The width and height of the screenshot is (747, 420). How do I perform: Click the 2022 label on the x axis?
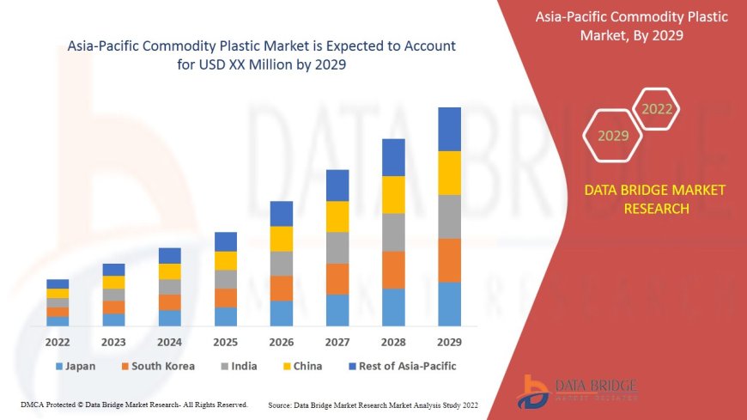click(x=58, y=341)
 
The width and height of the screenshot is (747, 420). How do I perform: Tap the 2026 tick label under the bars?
click(x=281, y=341)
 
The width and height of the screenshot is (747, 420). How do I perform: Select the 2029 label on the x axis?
click(x=449, y=341)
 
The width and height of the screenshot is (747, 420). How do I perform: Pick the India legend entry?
click(x=239, y=366)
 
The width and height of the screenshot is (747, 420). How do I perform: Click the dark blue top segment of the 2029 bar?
click(x=449, y=129)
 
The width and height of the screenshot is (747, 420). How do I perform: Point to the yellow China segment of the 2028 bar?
click(x=393, y=194)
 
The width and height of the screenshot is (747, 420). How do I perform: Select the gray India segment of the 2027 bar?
click(x=337, y=247)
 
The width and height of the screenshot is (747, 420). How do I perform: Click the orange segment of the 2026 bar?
click(x=282, y=288)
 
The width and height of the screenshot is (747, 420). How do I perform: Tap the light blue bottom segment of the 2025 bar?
click(x=226, y=317)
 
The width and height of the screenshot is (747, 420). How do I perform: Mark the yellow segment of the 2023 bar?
click(x=113, y=282)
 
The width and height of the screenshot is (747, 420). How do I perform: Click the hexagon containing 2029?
click(x=613, y=136)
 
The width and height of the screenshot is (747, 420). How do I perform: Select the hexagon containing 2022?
click(x=658, y=109)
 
